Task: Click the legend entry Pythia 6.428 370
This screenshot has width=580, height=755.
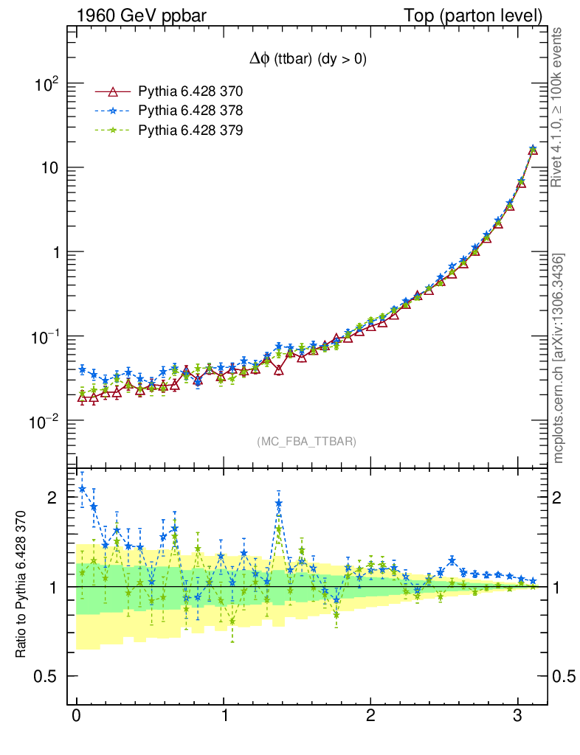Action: coord(190,91)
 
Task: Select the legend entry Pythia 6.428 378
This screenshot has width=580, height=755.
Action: coord(190,111)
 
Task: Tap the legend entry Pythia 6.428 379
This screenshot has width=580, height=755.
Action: coord(190,130)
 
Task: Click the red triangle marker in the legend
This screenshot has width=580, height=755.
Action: coord(113,91)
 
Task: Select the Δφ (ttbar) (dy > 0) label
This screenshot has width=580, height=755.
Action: coord(307,60)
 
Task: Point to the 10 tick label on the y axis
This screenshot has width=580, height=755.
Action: coord(49,168)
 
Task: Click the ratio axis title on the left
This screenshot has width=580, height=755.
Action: coord(21,584)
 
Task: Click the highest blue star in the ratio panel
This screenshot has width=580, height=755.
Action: coord(82,488)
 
